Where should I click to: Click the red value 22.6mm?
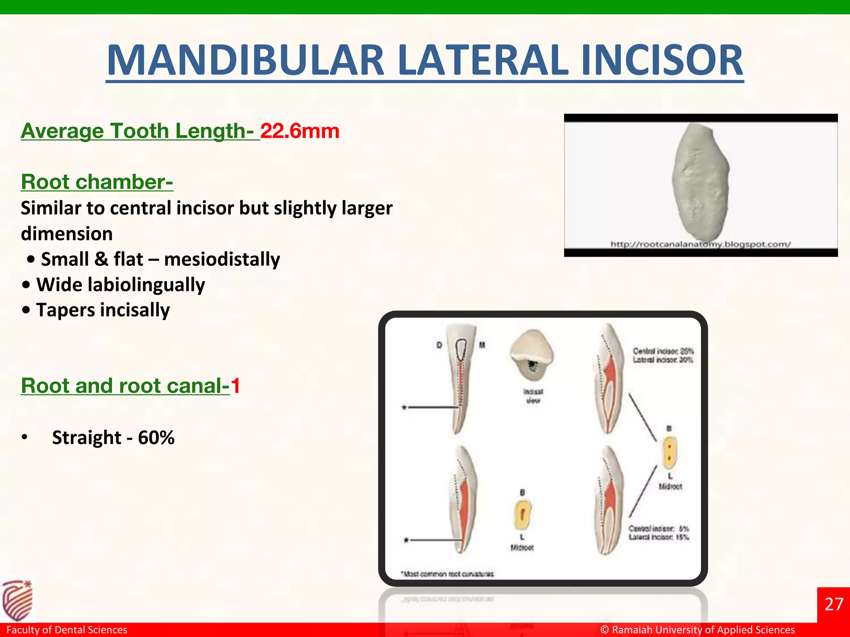tap(300, 131)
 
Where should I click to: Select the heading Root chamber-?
tap(97, 182)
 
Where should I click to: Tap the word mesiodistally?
tap(222, 259)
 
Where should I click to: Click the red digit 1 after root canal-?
tap(235, 386)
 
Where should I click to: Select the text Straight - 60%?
tap(113, 438)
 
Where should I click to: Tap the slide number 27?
tap(833, 604)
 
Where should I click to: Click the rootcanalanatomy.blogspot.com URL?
tap(700, 244)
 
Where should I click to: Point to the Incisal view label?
tap(533, 396)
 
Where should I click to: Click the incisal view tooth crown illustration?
tap(531, 355)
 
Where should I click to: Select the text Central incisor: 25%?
tap(663, 351)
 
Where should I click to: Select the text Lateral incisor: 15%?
tap(659, 537)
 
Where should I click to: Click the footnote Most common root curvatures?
tap(447, 574)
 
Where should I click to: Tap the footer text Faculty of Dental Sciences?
tap(67, 630)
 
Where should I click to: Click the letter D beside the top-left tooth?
tap(439, 345)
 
